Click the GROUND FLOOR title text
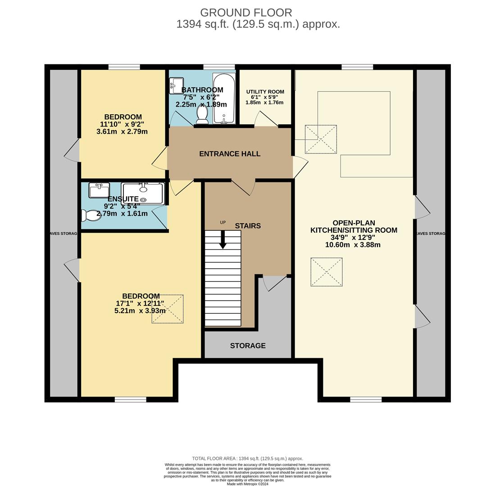246,13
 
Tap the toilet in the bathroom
202,115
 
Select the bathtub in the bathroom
224,99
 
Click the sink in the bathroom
176,86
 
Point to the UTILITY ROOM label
265,92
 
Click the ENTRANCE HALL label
230,154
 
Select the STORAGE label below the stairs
248,346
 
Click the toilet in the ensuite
91,216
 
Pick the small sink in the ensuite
99,190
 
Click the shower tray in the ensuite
143,193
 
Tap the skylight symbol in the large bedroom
168,309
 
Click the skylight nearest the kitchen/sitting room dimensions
327,272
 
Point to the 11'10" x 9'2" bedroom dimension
122,125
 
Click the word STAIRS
248,226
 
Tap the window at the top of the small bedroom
124,67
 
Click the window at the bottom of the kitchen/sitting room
366,400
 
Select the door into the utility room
266,119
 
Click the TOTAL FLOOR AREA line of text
247,458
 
